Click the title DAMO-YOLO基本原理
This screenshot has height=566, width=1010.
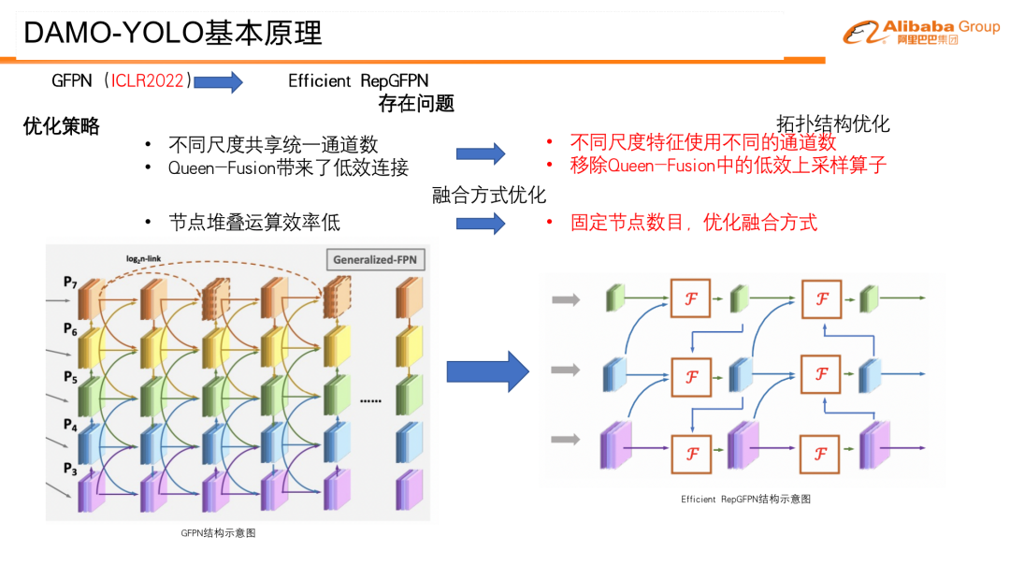(173, 33)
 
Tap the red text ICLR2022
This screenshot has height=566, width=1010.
(148, 80)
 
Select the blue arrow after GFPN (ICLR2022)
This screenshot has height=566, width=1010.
(218, 81)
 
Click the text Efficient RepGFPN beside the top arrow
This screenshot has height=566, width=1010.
(358, 80)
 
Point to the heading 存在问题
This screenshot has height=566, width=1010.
(416, 104)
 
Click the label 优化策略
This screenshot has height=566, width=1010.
(62, 126)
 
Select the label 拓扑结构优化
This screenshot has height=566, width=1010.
(833, 123)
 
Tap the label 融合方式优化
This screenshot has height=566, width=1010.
(489, 195)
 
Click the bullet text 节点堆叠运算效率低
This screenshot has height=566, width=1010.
(254, 222)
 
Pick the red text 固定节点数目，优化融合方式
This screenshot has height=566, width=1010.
(694, 222)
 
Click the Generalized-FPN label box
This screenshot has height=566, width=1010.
(375, 259)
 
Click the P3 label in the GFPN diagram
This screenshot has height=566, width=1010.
(70, 468)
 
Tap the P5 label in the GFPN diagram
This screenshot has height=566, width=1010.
(70, 376)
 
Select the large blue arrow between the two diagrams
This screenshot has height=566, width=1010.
(487, 371)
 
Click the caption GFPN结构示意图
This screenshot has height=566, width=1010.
(218, 533)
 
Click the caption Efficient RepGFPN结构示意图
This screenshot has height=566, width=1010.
(745, 500)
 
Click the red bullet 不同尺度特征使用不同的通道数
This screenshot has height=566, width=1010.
(703, 142)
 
